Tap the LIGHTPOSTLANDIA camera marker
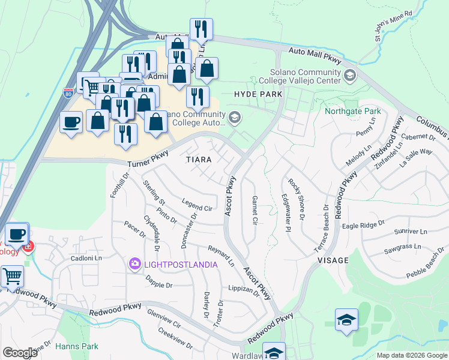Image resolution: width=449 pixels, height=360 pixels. (x=134, y=263)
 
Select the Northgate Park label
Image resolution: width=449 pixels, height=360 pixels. (x=352, y=112)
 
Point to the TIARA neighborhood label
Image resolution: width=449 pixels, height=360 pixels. (x=199, y=160)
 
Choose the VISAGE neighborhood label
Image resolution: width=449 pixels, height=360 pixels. (x=332, y=260)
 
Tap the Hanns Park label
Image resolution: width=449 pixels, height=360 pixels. (x=76, y=346)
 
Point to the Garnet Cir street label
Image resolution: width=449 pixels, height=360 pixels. (x=255, y=210)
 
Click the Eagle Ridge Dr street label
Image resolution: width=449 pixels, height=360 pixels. (x=363, y=225)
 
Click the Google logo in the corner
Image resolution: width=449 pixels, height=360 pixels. (x=20, y=353)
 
